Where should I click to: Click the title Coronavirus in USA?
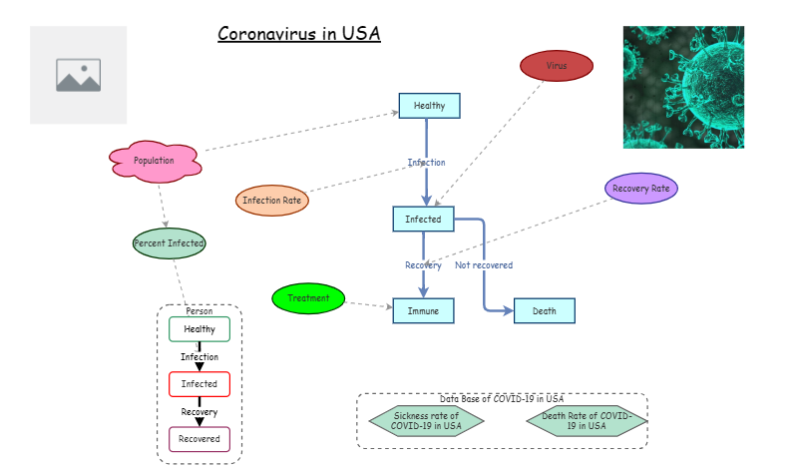299,34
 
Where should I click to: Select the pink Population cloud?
155,161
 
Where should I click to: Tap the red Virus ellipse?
557,66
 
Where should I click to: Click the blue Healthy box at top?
429,106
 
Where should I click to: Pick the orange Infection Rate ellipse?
272,201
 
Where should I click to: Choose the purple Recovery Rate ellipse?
641,188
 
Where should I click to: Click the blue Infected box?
423,220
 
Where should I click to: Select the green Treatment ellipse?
308,298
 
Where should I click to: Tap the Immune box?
423,311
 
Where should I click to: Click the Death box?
544,311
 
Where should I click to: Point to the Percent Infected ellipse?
170,243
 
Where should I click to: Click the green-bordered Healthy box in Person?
199,329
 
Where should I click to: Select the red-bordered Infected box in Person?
199,384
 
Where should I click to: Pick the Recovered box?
199,439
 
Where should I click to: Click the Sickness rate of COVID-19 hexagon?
426,421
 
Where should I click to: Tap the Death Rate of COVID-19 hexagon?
586,421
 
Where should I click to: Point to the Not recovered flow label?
484,265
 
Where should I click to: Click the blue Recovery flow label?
423,265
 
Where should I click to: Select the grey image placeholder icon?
79,75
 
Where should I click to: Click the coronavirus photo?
683,87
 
